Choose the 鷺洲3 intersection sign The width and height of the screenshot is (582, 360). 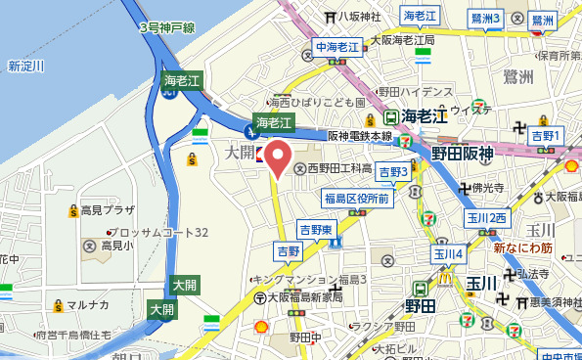tap(485, 18)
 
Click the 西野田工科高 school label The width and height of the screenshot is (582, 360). tap(338, 168)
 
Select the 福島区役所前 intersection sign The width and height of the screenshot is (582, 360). tap(356, 199)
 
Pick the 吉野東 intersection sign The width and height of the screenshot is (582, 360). tap(318, 230)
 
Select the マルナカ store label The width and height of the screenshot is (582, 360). tap(86, 304)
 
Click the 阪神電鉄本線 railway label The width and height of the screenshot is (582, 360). tap(359, 136)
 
